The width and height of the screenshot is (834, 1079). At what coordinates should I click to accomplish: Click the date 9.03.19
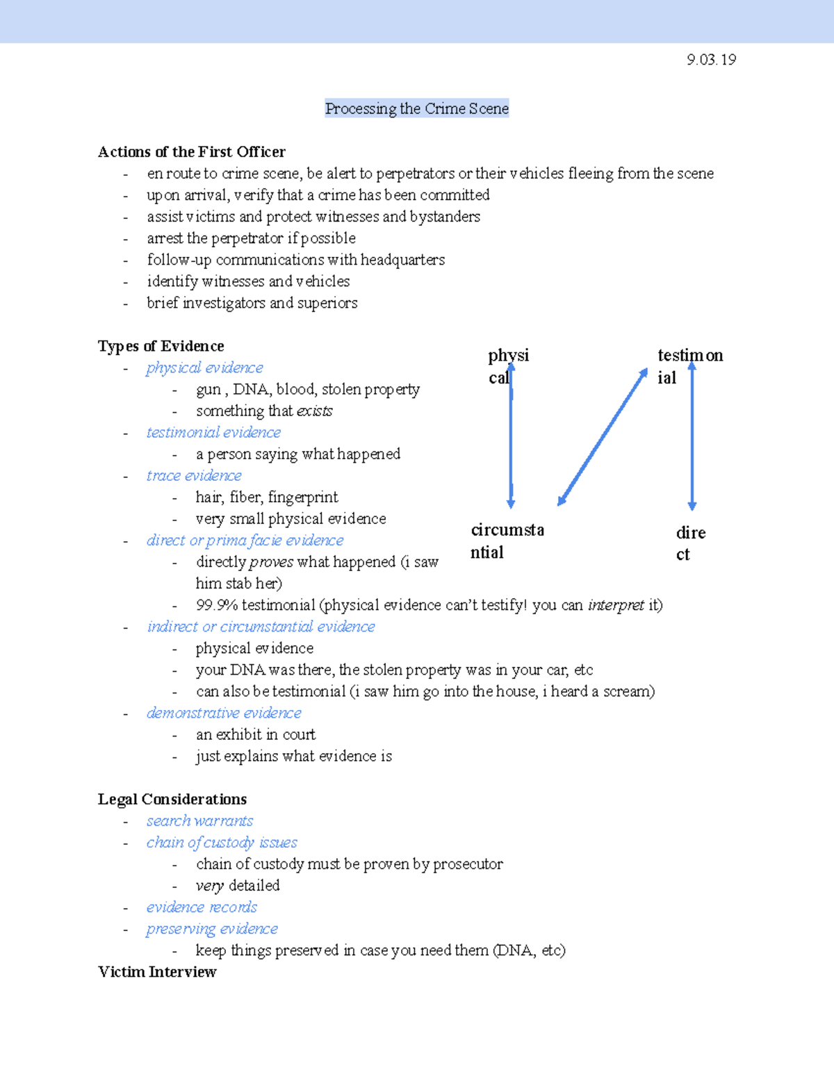711,60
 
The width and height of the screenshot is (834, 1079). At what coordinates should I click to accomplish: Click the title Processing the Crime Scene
417,108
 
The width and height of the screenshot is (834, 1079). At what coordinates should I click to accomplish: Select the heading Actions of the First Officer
192,151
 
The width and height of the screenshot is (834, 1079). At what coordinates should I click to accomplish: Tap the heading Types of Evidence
161,346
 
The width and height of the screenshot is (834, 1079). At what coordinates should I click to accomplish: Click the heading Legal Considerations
172,799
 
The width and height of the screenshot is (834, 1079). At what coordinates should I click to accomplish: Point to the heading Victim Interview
157,972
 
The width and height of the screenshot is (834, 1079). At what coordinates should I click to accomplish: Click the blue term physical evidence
204,368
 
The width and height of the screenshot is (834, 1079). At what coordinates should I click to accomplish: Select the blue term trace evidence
194,475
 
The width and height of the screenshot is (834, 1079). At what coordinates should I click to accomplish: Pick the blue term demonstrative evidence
224,713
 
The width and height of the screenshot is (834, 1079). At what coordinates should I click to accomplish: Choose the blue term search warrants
199,821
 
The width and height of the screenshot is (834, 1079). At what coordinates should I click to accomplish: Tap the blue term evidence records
202,907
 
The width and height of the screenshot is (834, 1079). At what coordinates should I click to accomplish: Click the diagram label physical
507,365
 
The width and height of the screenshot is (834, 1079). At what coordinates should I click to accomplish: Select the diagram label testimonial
689,365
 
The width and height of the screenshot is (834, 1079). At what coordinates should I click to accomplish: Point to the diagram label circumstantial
507,541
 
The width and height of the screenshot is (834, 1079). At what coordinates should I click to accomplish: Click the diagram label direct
690,543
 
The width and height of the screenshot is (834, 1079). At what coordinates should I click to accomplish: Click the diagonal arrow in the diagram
603,436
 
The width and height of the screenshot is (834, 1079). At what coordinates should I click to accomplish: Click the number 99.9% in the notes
216,605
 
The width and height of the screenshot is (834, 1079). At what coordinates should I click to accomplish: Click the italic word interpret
616,605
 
